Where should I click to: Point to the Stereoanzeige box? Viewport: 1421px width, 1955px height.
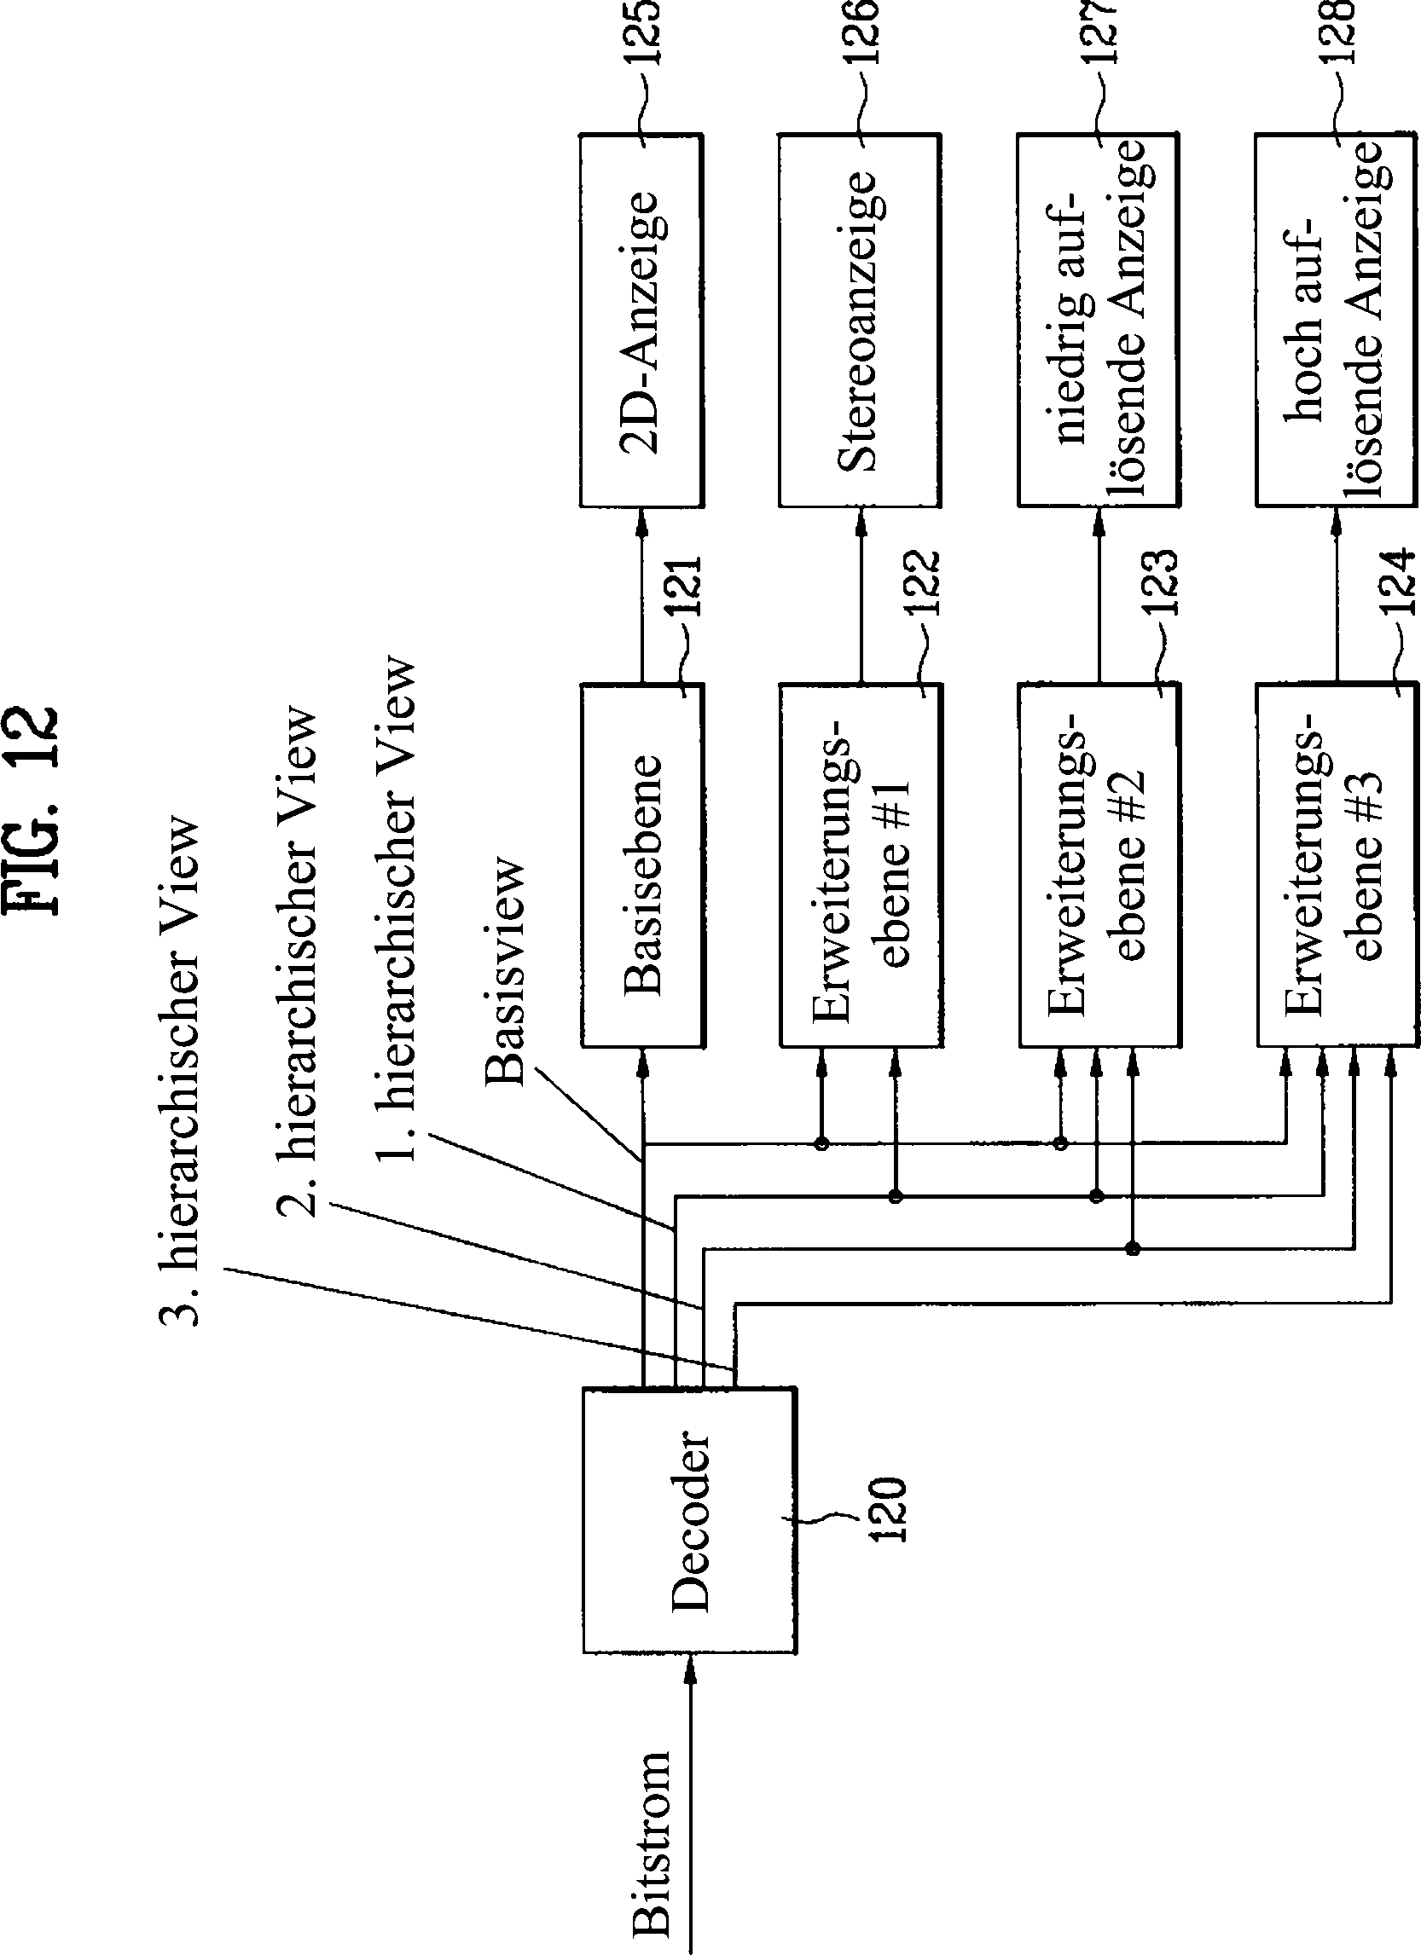click(860, 320)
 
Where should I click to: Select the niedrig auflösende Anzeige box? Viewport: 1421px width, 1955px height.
click(1097, 320)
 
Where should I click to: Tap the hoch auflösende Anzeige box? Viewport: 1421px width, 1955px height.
click(1335, 320)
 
